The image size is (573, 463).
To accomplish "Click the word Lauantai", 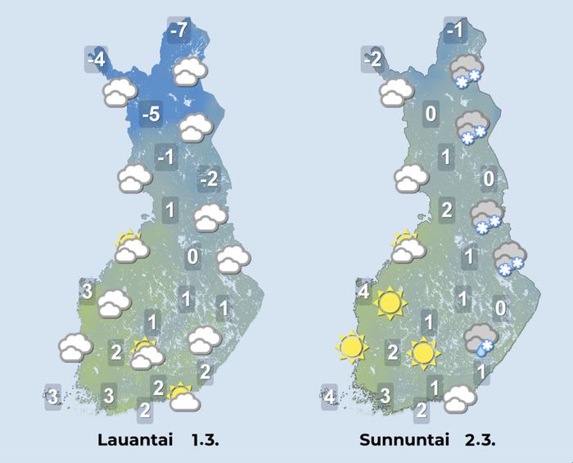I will (131, 441).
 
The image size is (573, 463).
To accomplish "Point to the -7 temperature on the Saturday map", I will (178, 31).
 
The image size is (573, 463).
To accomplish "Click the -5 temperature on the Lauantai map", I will (151, 114).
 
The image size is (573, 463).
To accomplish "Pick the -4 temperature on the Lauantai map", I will (97, 60).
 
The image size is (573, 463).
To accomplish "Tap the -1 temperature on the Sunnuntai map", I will (457, 31).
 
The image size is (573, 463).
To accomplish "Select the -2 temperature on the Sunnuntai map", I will (373, 59).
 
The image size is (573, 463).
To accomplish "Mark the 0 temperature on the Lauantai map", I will (193, 257).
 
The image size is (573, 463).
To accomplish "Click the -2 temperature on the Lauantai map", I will (210, 179).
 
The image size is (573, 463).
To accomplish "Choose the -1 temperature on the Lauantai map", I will (166, 157).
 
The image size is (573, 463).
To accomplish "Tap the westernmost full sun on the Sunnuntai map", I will (352, 348).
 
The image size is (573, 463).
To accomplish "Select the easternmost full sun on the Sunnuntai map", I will (422, 352).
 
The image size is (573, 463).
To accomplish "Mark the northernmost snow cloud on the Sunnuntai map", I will (467, 70).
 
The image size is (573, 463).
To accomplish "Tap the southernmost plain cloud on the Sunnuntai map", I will (459, 399).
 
